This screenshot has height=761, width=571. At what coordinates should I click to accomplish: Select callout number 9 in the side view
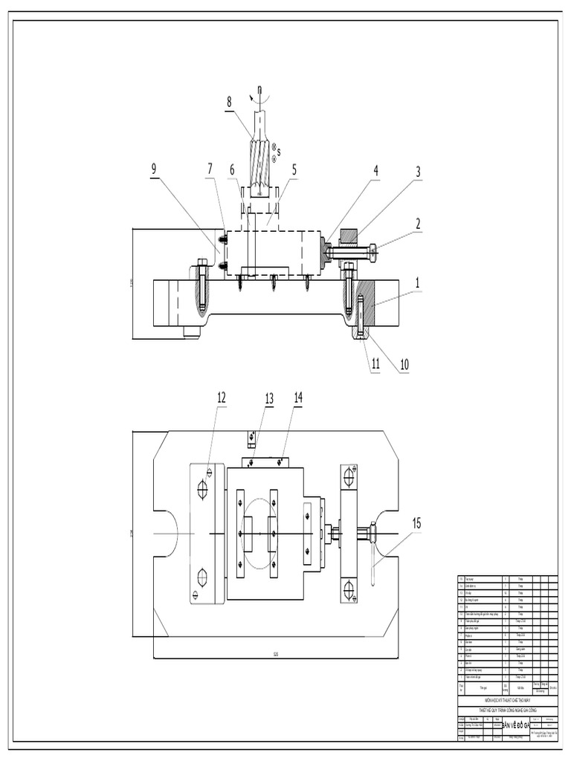click(x=155, y=168)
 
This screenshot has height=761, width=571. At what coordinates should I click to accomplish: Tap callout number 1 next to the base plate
click(x=418, y=282)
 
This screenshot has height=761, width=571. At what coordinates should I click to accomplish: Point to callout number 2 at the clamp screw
click(x=418, y=222)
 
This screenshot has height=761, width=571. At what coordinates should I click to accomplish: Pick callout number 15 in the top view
click(x=417, y=523)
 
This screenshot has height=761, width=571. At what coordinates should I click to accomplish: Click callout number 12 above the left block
click(x=221, y=398)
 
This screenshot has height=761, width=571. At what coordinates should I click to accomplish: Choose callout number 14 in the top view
click(x=298, y=398)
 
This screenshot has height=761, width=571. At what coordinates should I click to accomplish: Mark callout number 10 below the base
click(x=404, y=364)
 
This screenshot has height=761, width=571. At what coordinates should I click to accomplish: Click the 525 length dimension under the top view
click(x=275, y=655)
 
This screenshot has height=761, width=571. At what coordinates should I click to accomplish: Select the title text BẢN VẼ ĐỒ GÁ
click(x=515, y=725)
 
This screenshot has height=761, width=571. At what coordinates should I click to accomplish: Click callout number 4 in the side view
click(x=375, y=169)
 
